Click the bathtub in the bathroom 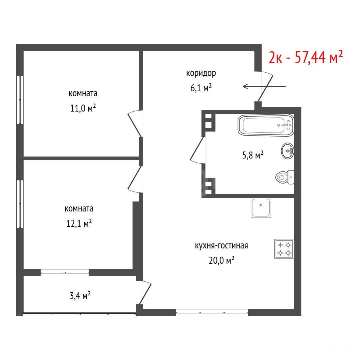click(x=266, y=125)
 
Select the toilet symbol click(x=285, y=177)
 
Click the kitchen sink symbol click(x=261, y=208)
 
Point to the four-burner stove click(x=284, y=249)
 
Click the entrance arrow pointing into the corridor click(x=264, y=87)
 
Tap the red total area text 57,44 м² click(x=319, y=57)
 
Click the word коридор click(x=201, y=73)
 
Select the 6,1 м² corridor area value click(x=201, y=88)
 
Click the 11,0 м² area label click(x=83, y=108)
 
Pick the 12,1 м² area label click(x=79, y=223)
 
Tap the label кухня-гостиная click(x=221, y=246)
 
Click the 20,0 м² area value click(x=221, y=260)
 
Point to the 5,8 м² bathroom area click(x=253, y=155)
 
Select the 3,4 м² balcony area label click(x=80, y=296)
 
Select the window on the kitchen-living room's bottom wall click(x=212, y=312)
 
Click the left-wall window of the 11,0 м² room click(x=20, y=100)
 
